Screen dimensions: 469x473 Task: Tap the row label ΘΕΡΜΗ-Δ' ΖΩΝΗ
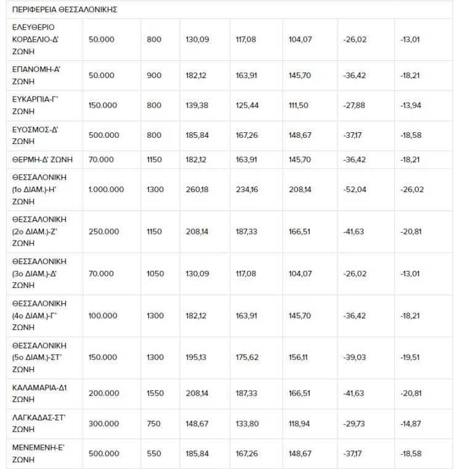coord(42,159)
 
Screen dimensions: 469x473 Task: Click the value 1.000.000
coord(106,189)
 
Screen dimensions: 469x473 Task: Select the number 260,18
coord(197,189)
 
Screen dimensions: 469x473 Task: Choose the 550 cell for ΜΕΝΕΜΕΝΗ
coord(154,454)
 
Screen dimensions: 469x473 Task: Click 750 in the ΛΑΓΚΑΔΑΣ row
coord(154,424)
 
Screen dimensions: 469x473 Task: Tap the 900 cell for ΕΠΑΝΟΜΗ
coord(155,76)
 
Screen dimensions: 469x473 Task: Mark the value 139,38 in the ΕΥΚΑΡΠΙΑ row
coord(197,105)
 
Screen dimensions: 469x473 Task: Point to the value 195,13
coord(197,357)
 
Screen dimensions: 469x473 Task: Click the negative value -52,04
coord(355,189)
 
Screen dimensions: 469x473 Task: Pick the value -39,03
coord(355,357)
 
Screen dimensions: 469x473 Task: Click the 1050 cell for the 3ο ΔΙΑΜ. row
coord(155,273)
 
